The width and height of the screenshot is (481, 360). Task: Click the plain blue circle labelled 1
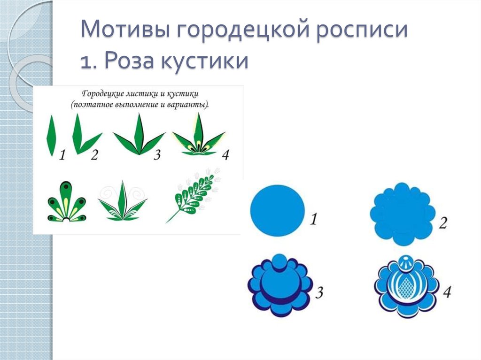(277, 210)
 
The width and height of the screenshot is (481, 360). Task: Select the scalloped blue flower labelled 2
(402, 214)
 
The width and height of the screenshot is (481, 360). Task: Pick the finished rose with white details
(406, 286)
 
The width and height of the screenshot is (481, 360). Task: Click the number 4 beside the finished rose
(447, 292)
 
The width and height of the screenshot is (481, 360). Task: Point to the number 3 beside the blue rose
(319, 293)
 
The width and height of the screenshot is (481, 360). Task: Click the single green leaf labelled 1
(51, 136)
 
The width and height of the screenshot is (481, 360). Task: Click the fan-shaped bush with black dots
(66, 202)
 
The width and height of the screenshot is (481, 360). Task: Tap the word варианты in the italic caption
(188, 105)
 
